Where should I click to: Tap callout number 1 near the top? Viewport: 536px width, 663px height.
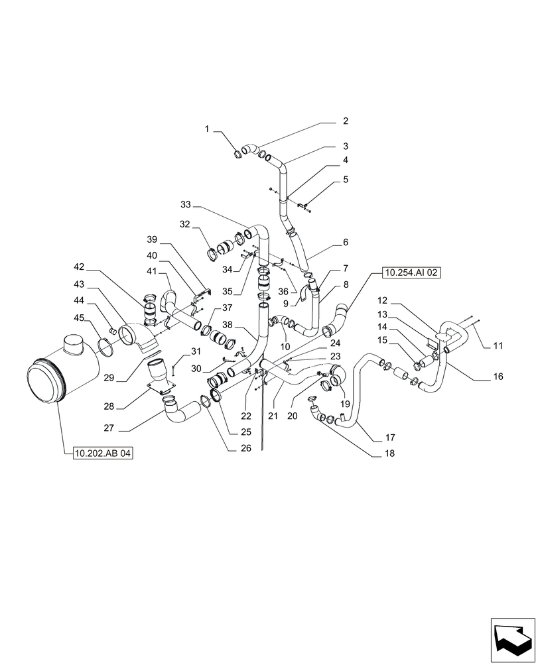[207, 131]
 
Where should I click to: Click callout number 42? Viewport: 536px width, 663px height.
[79, 267]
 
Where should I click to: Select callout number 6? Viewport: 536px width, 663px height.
[345, 243]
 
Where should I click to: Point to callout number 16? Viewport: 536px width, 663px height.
[498, 377]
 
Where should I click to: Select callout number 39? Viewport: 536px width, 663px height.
[152, 239]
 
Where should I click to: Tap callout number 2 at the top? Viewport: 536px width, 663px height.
[345, 121]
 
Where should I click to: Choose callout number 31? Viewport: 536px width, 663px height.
[195, 351]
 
